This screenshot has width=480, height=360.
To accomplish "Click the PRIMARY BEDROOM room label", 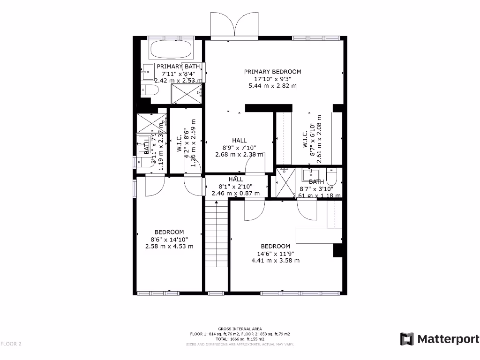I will (x=272, y=72).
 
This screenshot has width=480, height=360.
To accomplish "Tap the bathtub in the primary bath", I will (x=170, y=50).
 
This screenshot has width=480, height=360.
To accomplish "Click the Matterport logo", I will (x=439, y=339).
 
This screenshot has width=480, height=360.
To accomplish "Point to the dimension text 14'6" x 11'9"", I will (x=275, y=254).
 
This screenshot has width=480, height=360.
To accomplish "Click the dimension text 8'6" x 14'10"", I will (x=169, y=239).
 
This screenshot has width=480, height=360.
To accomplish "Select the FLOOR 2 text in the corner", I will (x=11, y=344).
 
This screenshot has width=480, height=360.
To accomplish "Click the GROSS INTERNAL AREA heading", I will (x=240, y=329).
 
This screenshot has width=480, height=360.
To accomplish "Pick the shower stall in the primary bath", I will (x=186, y=94).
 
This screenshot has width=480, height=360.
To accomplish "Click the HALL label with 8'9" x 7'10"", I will (x=239, y=140).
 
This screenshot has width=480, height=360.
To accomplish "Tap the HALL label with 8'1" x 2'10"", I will (x=236, y=179).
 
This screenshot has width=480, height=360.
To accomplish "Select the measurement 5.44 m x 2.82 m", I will (x=272, y=86).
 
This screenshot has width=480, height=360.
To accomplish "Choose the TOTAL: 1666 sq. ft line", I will (x=240, y=339).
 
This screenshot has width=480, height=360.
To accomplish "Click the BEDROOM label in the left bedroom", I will (x=169, y=232).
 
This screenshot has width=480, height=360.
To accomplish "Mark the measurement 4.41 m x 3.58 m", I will (x=275, y=261).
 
